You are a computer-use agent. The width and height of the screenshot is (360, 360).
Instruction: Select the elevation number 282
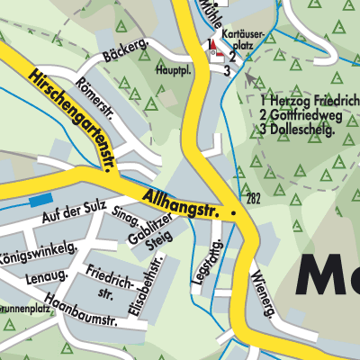click(x=254, y=199)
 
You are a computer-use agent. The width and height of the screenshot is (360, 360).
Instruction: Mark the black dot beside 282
click(x=234, y=213)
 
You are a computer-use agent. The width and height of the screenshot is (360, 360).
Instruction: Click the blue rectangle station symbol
click(x=40, y=200)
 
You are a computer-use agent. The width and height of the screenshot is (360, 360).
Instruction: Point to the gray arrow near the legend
click(x=249, y=78)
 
